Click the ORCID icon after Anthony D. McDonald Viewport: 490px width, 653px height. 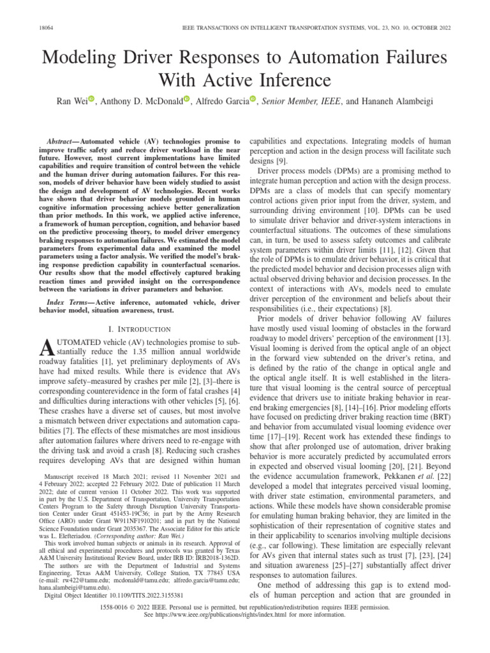[x=187, y=99]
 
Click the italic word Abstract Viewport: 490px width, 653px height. [x=63, y=140]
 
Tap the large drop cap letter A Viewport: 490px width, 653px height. [x=47, y=348]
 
